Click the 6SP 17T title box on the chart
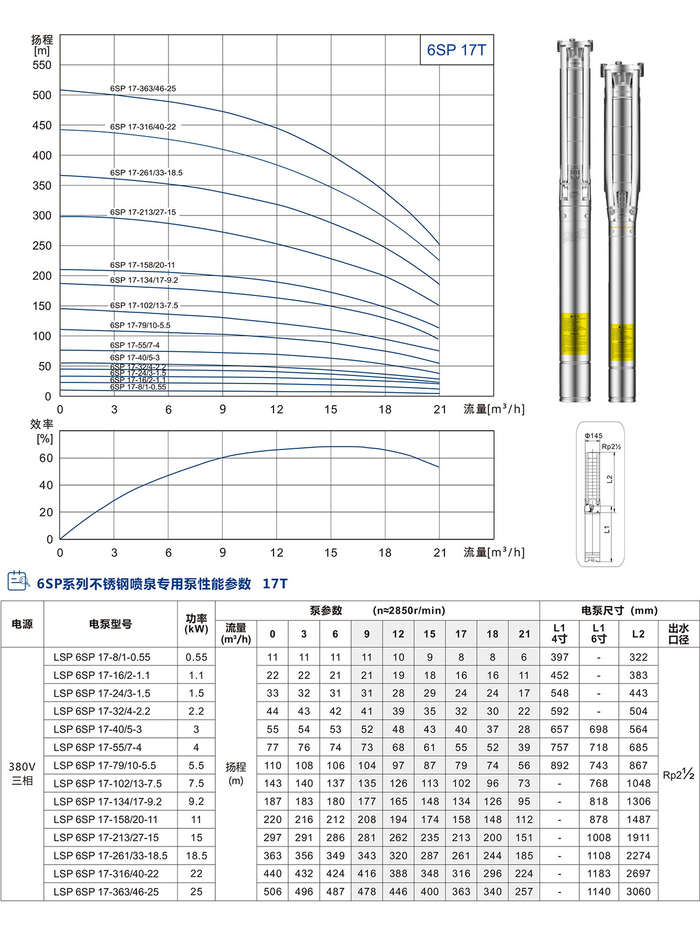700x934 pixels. [456, 50]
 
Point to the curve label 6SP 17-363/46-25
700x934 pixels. [143, 89]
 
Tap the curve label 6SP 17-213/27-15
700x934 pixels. [143, 212]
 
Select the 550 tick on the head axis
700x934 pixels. [42, 65]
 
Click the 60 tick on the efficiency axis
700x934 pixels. [46, 458]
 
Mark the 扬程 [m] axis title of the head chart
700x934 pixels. [42, 45]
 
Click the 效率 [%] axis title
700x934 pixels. [43, 431]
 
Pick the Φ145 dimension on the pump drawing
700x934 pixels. [593, 435]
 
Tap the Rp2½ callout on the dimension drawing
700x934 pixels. [611, 447]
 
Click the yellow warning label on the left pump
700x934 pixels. [575, 333]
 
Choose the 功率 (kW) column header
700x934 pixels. [197, 623]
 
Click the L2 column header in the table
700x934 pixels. [638, 634]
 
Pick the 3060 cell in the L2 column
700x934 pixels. [638, 891]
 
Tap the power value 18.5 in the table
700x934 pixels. [197, 855]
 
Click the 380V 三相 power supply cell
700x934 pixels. [22, 773]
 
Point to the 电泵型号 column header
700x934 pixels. [110, 624]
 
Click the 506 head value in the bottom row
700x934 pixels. [272, 891]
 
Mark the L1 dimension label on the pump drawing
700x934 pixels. [607, 529]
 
